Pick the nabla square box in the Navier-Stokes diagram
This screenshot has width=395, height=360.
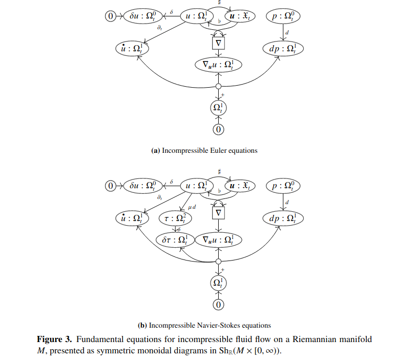pos(219,212)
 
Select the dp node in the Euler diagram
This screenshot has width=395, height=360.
pos(283,49)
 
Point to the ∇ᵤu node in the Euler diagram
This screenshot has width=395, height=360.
pos(218,65)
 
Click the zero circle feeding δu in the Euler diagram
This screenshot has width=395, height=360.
pos(111,16)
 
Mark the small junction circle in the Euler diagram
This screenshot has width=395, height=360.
pos(219,87)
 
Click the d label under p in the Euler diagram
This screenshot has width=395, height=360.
pos(287,33)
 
